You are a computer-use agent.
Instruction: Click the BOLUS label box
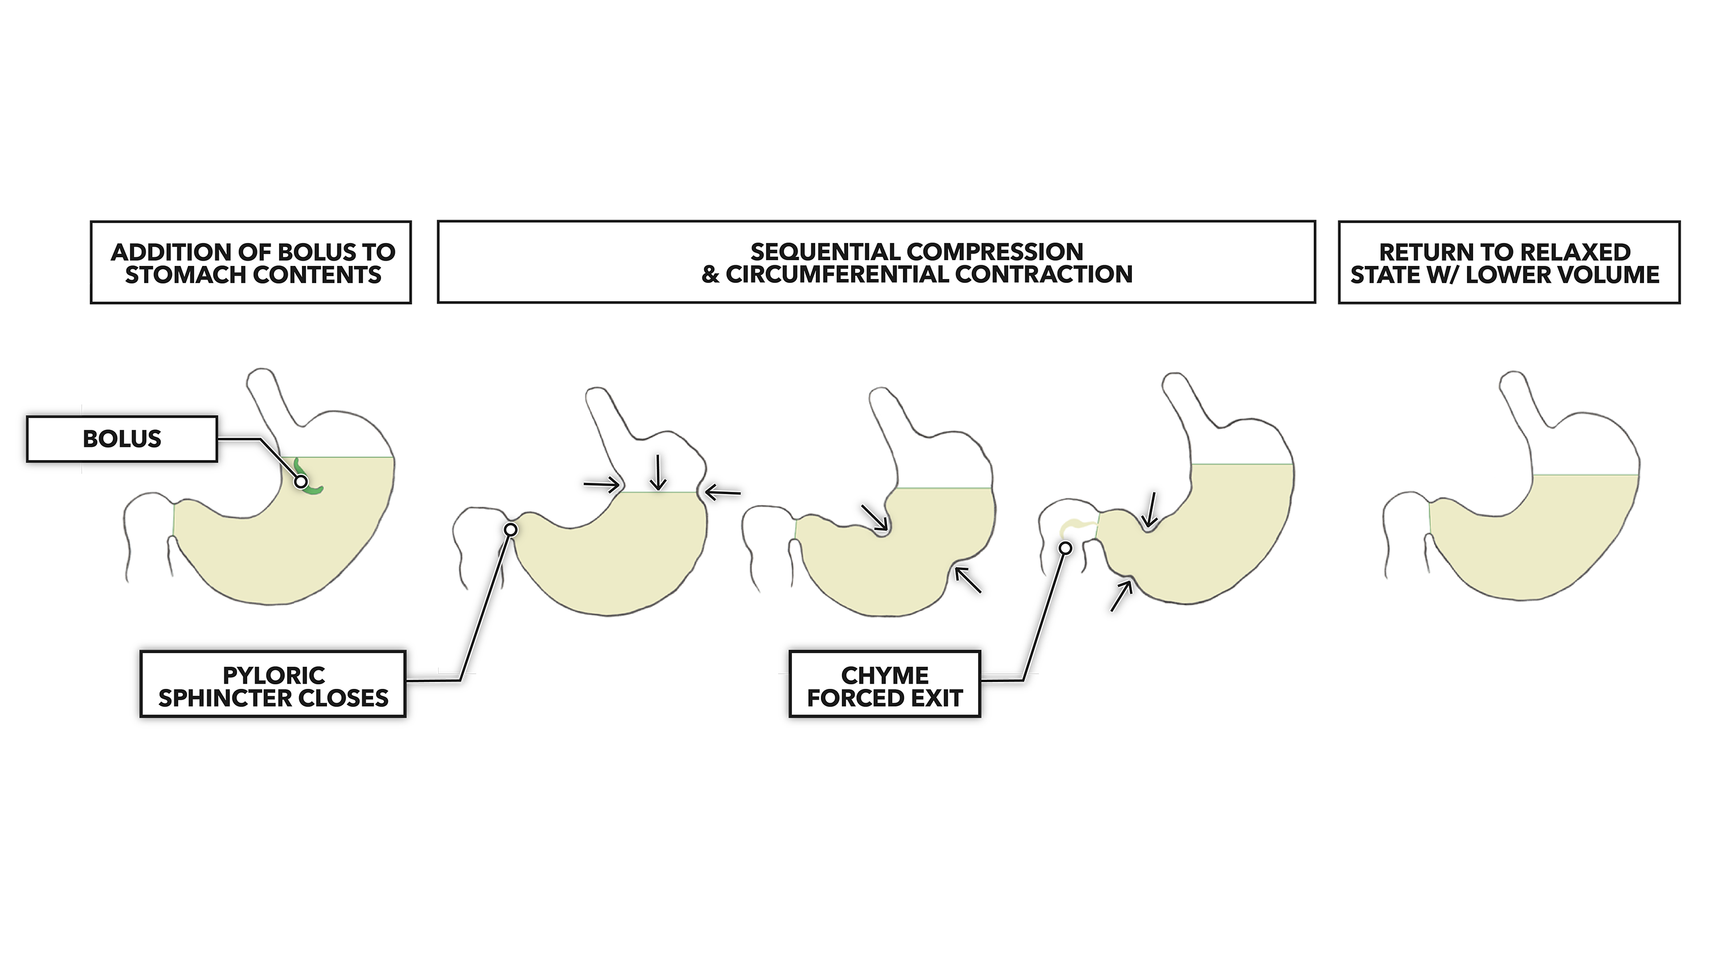(122, 439)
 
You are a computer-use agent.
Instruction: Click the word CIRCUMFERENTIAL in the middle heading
(833, 274)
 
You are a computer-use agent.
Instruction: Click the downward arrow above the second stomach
(658, 472)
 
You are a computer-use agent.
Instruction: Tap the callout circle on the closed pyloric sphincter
(511, 529)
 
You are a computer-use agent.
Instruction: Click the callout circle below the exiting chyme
(1065, 548)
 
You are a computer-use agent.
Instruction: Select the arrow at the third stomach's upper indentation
(874, 518)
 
